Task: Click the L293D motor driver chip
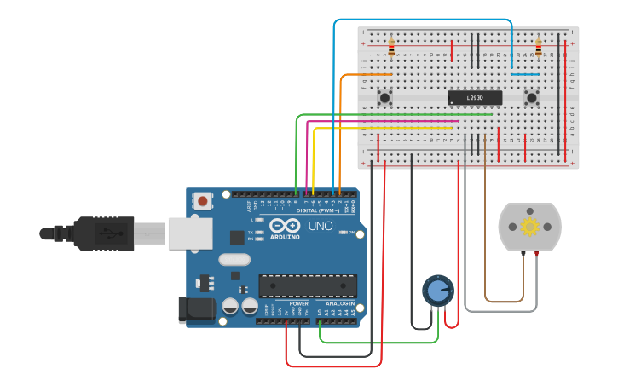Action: (x=474, y=98)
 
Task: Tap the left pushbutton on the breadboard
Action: (x=384, y=98)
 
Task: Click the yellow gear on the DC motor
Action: (x=530, y=226)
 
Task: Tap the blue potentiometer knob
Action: (x=437, y=291)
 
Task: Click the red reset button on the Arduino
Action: (x=204, y=201)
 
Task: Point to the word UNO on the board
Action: (x=320, y=226)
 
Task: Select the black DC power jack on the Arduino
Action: (x=194, y=309)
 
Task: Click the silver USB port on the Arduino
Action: (x=188, y=233)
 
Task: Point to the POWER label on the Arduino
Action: (x=298, y=303)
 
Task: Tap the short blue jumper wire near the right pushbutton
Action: (x=524, y=74)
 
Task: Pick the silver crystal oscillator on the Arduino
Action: (x=234, y=259)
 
